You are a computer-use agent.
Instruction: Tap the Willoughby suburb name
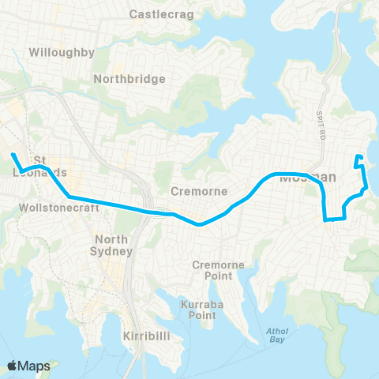pyautogui.click(x=61, y=53)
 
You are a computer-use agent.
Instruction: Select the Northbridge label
pyautogui.click(x=129, y=79)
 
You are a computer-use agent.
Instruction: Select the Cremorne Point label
pyautogui.click(x=217, y=270)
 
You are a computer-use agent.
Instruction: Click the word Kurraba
pyautogui.click(x=197, y=304)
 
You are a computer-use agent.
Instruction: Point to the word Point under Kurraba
pyautogui.click(x=201, y=315)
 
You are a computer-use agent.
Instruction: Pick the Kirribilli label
pyautogui.click(x=148, y=336)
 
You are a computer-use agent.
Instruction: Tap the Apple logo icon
pyautogui.click(x=13, y=366)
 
